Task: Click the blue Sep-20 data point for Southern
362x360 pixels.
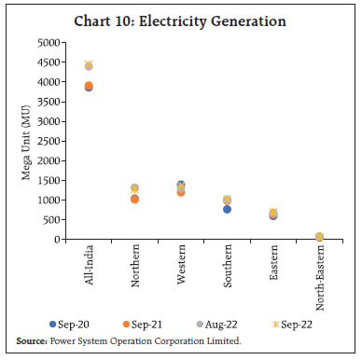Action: (227, 209)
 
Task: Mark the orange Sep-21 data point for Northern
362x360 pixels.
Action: (134, 199)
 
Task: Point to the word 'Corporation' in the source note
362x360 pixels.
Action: (188, 342)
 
